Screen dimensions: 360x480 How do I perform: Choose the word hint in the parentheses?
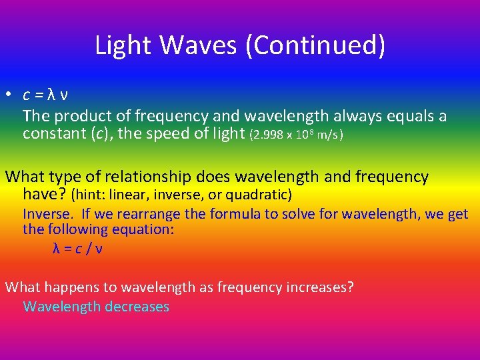click(89, 195)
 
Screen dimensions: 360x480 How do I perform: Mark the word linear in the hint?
click(131, 195)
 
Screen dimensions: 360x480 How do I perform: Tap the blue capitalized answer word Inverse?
click(47, 214)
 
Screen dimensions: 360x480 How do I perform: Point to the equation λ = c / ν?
click(77, 248)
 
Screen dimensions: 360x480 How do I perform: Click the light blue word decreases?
click(136, 307)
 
